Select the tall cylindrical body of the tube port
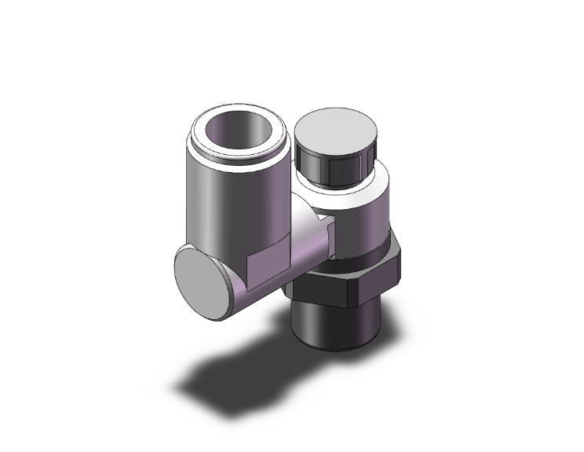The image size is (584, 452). [220, 204]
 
